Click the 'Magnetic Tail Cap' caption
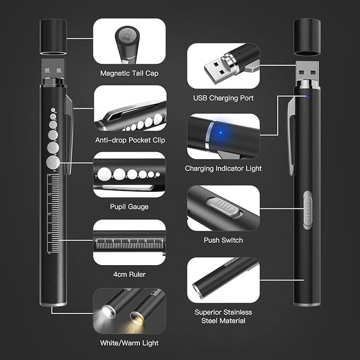[x=129, y=74]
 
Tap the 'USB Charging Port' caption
[x=223, y=98]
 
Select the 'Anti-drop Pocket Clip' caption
[x=130, y=140]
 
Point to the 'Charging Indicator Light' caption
[x=223, y=169]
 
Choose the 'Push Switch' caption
[x=223, y=240]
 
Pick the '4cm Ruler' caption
[x=129, y=274]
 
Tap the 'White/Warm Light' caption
[x=129, y=343]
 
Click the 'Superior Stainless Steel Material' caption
[x=223, y=317]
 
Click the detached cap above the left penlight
[x=54, y=37]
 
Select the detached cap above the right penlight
[x=307, y=37]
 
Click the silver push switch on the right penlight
[x=308, y=210]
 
